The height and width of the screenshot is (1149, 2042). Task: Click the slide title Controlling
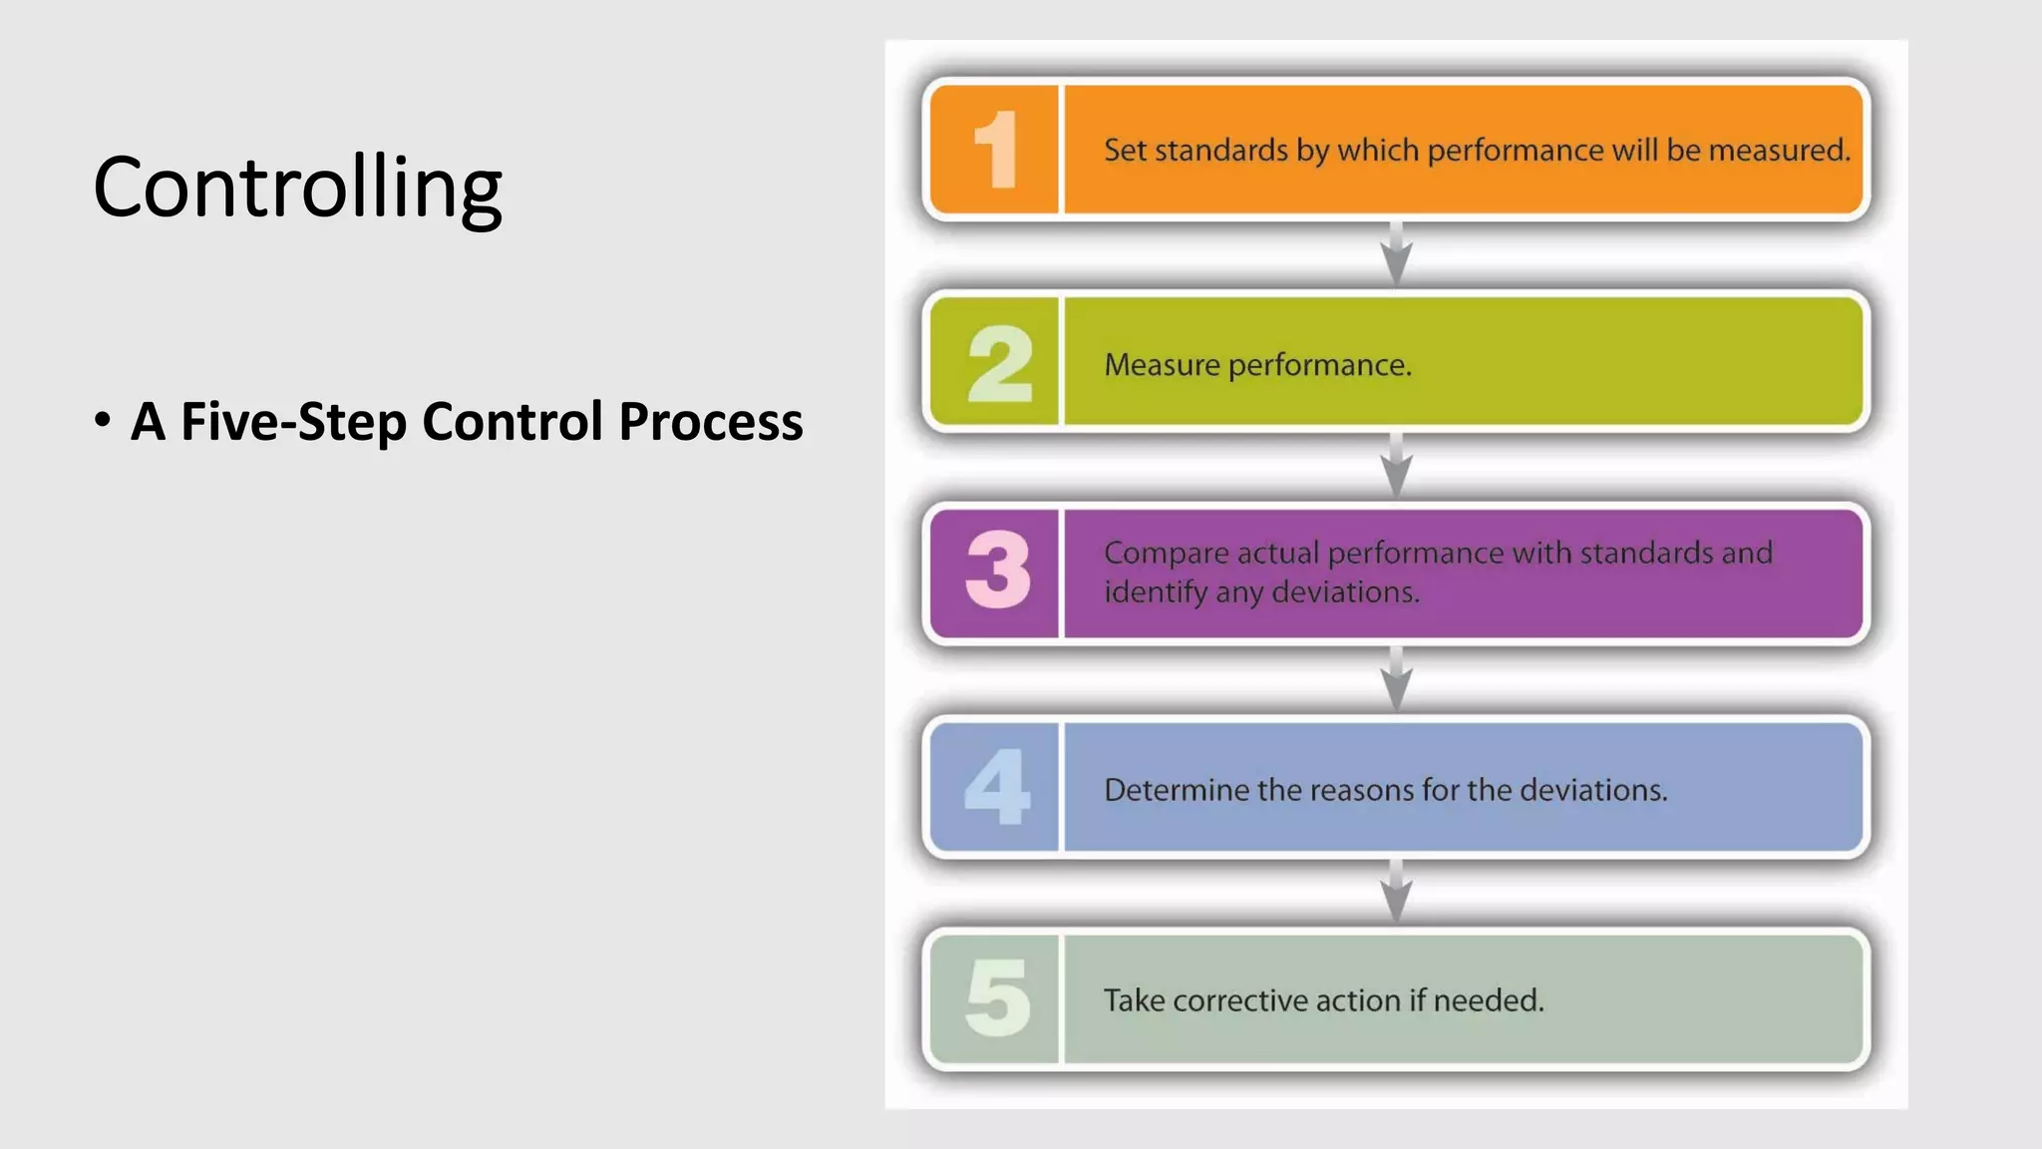(297, 188)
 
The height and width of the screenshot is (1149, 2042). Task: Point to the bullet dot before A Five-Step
(103, 420)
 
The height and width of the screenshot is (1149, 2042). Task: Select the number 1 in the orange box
(996, 150)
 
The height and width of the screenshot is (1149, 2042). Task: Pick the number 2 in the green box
(998, 363)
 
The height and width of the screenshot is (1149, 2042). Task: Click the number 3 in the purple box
(998, 571)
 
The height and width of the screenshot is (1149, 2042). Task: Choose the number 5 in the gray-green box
(997, 998)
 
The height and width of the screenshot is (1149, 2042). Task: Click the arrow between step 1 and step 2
(1396, 253)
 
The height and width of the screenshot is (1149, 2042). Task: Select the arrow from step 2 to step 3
(1396, 466)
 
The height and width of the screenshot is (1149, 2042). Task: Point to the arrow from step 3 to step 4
(1396, 678)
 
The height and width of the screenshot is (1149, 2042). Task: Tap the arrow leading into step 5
(1396, 891)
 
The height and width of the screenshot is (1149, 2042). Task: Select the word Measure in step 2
(1162, 365)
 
